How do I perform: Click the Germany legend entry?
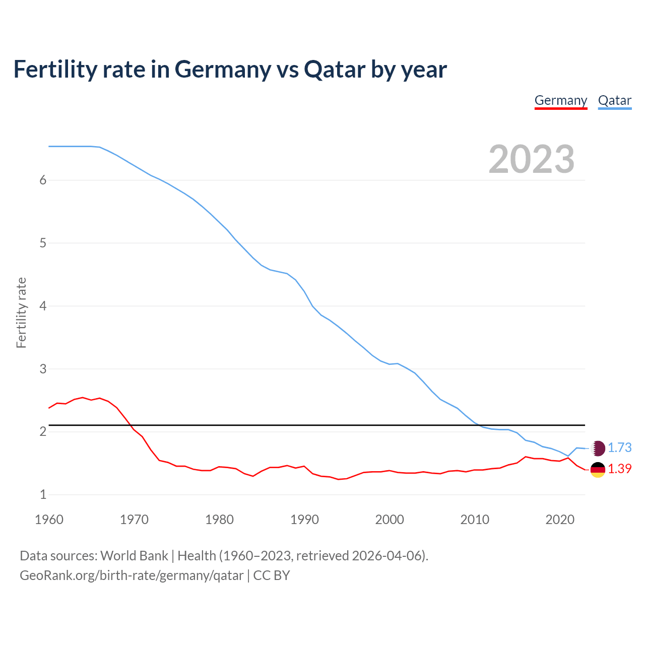pyautogui.click(x=560, y=100)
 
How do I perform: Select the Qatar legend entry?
pyautogui.click(x=614, y=100)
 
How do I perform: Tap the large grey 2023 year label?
pyautogui.click(x=531, y=159)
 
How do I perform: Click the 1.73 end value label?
pyautogui.click(x=619, y=447)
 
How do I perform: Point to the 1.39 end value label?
pyautogui.click(x=619, y=469)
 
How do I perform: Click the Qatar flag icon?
pyautogui.click(x=598, y=448)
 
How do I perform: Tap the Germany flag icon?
pyautogui.click(x=598, y=470)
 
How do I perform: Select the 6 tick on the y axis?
pyautogui.click(x=43, y=180)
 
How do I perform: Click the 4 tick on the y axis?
pyautogui.click(x=43, y=306)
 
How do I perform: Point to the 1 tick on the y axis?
pyautogui.click(x=43, y=494)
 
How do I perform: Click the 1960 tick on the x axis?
pyautogui.click(x=49, y=520)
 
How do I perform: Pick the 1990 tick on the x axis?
pyautogui.click(x=304, y=520)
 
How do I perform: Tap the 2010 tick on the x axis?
pyautogui.click(x=475, y=520)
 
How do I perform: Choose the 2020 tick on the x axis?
pyautogui.click(x=560, y=520)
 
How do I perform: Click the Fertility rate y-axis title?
pyautogui.click(x=21, y=312)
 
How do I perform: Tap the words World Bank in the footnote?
pyautogui.click(x=134, y=556)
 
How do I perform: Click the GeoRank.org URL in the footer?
pyautogui.click(x=132, y=575)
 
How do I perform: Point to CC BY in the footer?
pyautogui.click(x=272, y=575)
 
